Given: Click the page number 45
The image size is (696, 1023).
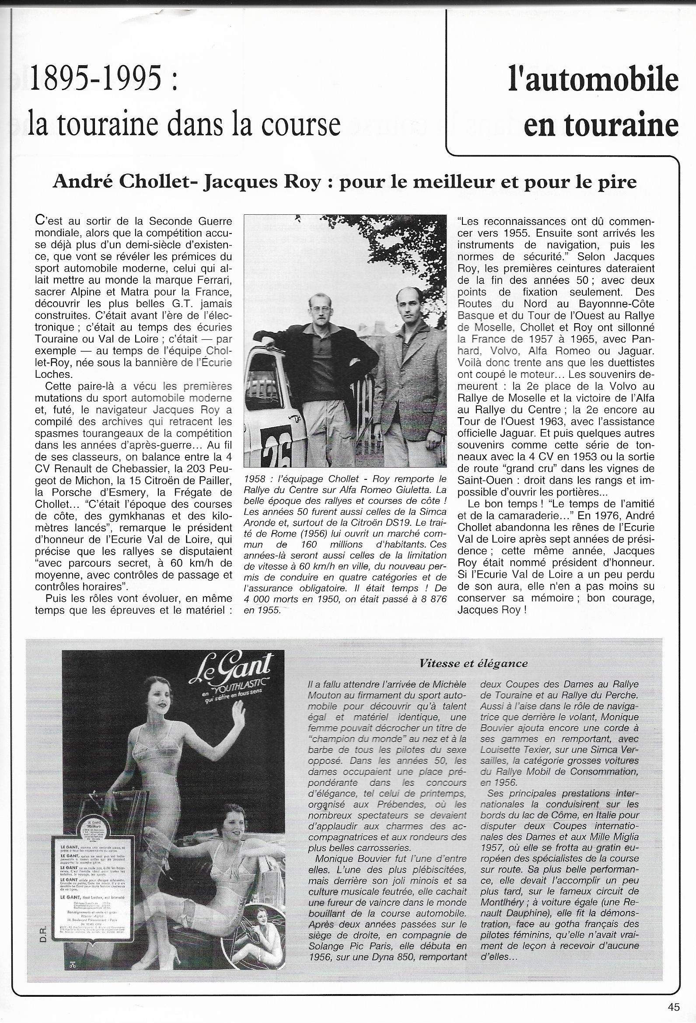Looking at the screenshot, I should pos(674,1007).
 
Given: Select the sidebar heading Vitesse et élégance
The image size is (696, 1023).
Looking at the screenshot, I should pos(473,663).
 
